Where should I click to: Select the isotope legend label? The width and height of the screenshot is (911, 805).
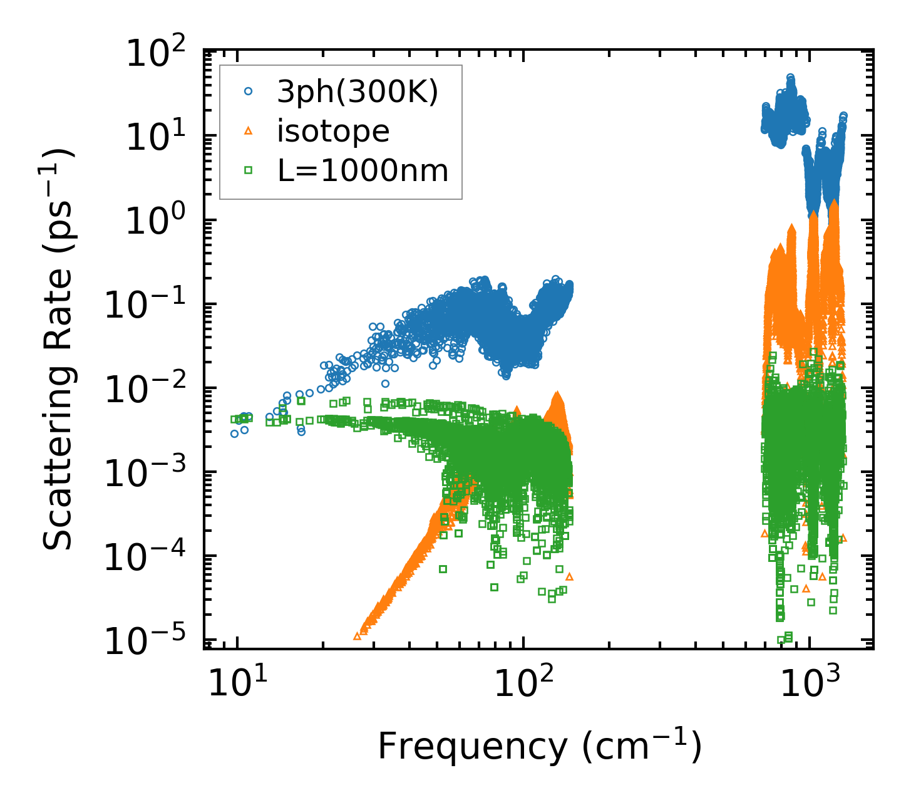point(334,131)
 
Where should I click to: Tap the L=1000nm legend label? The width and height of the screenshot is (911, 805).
point(363,170)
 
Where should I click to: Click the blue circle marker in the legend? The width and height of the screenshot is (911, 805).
point(249,91)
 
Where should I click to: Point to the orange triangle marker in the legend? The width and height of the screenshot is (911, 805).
point(249,131)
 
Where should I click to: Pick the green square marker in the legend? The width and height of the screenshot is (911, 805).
point(249,170)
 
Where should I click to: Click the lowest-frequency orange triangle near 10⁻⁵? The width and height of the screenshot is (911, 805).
point(358,636)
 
